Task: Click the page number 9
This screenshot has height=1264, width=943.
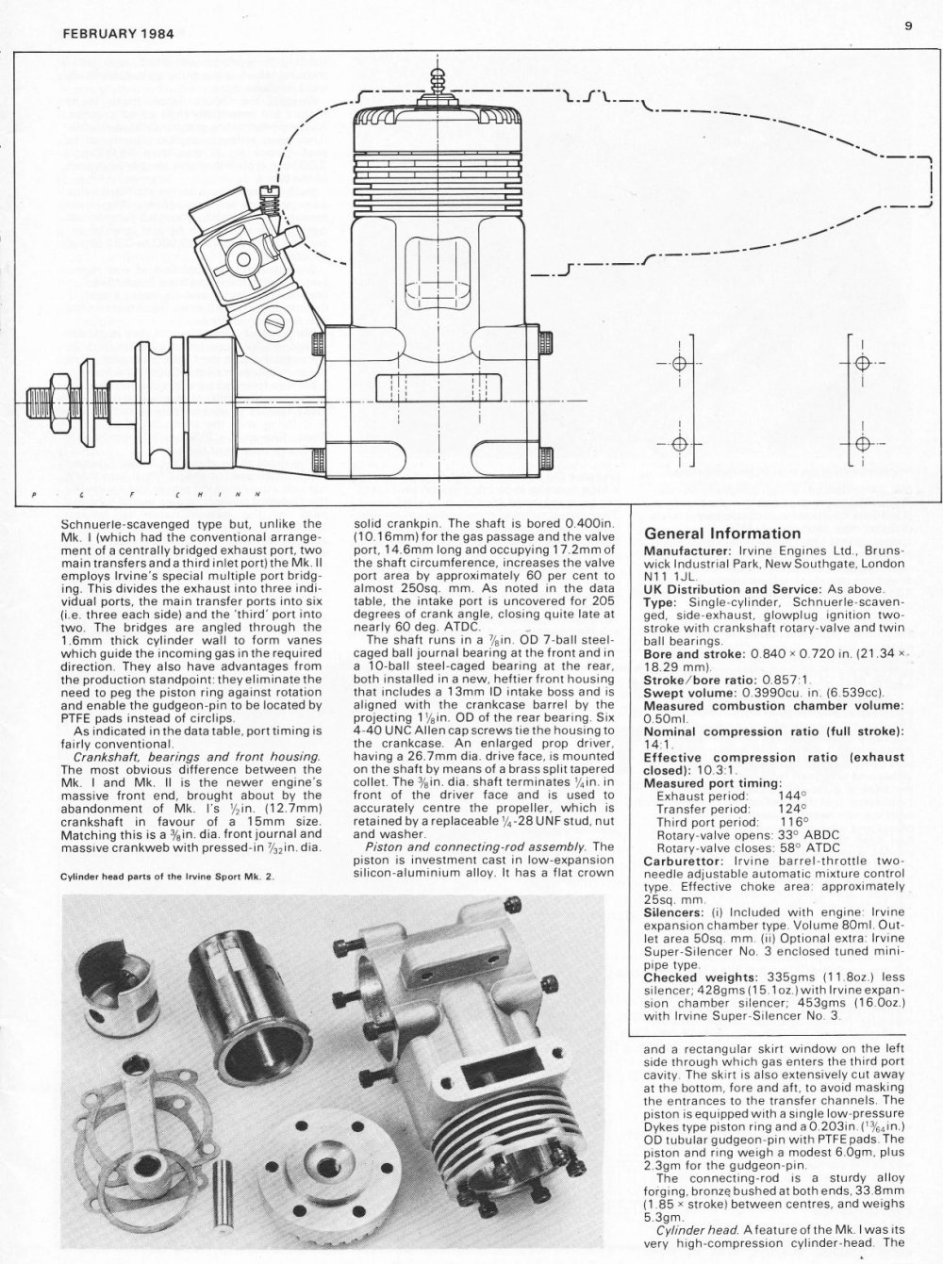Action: [x=908, y=25]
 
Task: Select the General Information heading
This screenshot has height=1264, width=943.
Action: [x=721, y=534]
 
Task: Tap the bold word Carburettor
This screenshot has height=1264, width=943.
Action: [x=683, y=860]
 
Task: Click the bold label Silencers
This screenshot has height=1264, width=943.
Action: [x=678, y=912]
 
